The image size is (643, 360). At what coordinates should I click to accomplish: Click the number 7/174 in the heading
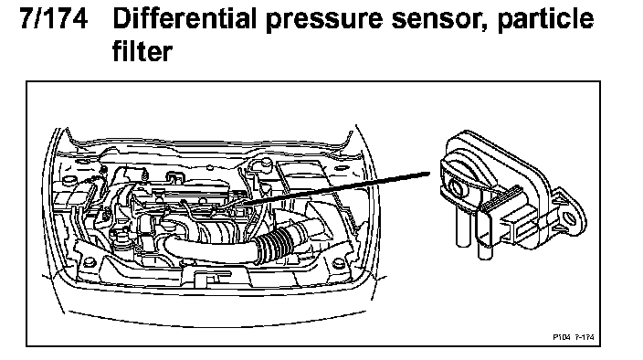(54, 18)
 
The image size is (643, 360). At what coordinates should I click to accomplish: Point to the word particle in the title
(545, 20)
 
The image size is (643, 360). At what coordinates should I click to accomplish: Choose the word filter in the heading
(142, 51)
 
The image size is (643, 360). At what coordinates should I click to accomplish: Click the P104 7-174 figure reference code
(574, 337)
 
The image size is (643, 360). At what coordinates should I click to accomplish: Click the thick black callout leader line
(337, 188)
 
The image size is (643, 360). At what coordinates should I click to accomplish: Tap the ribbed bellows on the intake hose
(274, 244)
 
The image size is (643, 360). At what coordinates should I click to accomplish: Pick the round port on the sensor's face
(457, 188)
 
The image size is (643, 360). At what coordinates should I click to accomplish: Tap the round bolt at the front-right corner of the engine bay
(339, 263)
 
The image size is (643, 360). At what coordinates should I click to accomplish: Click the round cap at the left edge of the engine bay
(68, 179)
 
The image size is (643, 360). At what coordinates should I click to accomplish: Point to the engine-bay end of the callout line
(245, 204)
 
